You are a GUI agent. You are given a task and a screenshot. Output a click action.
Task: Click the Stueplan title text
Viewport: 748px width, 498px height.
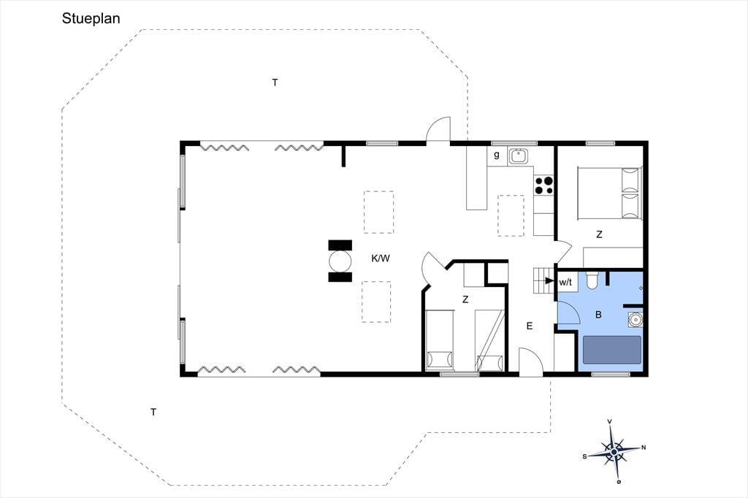pos(91,19)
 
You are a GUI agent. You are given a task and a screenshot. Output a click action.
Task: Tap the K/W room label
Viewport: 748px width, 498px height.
pos(381,258)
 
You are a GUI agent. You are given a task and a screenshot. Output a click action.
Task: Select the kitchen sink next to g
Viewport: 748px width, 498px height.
pos(518,156)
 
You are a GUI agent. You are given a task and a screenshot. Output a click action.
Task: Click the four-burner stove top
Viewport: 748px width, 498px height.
pos(543,185)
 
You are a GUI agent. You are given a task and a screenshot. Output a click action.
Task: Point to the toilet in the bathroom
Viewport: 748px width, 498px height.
pos(592,280)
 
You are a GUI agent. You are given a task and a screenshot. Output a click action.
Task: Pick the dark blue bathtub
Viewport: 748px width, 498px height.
pos(612,350)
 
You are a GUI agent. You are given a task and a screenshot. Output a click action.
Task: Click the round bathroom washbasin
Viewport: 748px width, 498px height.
pos(635,318)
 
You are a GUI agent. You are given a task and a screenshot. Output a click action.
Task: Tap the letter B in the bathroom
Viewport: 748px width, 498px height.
pos(598,315)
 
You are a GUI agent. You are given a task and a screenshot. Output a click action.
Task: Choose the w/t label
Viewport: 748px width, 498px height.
pos(565,283)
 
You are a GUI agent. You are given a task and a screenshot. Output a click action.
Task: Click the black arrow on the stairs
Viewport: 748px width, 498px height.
pos(549,280)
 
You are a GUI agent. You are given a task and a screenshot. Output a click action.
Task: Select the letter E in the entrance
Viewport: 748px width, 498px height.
pos(529,326)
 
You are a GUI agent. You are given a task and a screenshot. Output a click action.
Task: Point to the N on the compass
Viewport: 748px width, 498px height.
pos(644,448)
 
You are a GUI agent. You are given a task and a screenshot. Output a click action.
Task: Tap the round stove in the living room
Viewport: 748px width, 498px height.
pos(340,261)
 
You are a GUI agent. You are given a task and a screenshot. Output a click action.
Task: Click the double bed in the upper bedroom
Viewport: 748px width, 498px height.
pos(610,193)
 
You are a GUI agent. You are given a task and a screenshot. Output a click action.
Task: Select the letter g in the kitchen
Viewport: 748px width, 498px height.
pos(497,155)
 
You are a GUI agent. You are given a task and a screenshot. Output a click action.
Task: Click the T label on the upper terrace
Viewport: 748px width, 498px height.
pos(275,83)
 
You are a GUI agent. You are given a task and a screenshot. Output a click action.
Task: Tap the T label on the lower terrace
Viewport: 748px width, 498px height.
pos(153,412)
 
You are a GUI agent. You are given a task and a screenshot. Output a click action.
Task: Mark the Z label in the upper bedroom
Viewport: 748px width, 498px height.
pos(599,234)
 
